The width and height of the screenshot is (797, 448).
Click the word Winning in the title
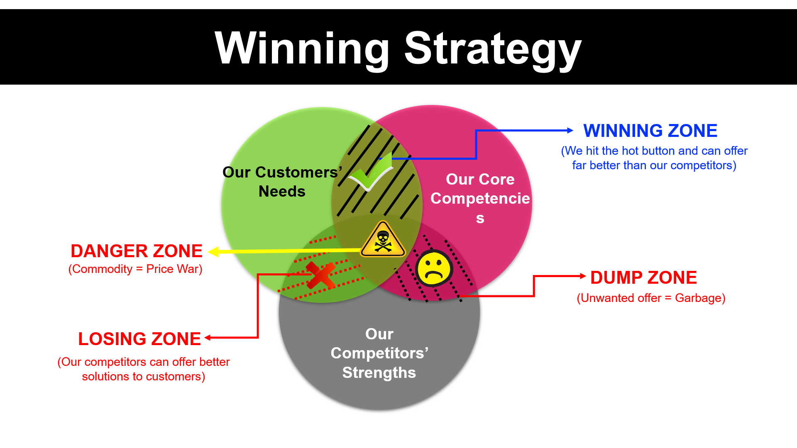point(302,49)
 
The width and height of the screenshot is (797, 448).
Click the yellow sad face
point(434,269)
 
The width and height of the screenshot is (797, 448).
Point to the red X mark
point(320,275)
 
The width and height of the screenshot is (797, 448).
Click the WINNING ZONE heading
point(650,131)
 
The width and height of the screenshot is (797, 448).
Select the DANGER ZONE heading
point(137,251)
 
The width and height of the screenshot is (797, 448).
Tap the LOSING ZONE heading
point(139,339)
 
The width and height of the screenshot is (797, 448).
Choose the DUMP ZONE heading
point(643,278)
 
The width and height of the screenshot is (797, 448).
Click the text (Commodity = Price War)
point(135,269)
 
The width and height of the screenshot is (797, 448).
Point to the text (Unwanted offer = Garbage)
point(651,298)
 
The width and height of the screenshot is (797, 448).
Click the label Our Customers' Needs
point(282,182)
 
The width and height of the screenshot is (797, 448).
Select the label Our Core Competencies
point(480,198)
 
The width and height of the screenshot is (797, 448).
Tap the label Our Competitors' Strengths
point(379,353)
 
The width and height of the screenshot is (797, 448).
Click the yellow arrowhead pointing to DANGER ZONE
point(213,252)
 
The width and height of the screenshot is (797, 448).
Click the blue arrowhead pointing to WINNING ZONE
point(570,130)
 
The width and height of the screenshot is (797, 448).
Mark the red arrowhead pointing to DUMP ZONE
point(582,276)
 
